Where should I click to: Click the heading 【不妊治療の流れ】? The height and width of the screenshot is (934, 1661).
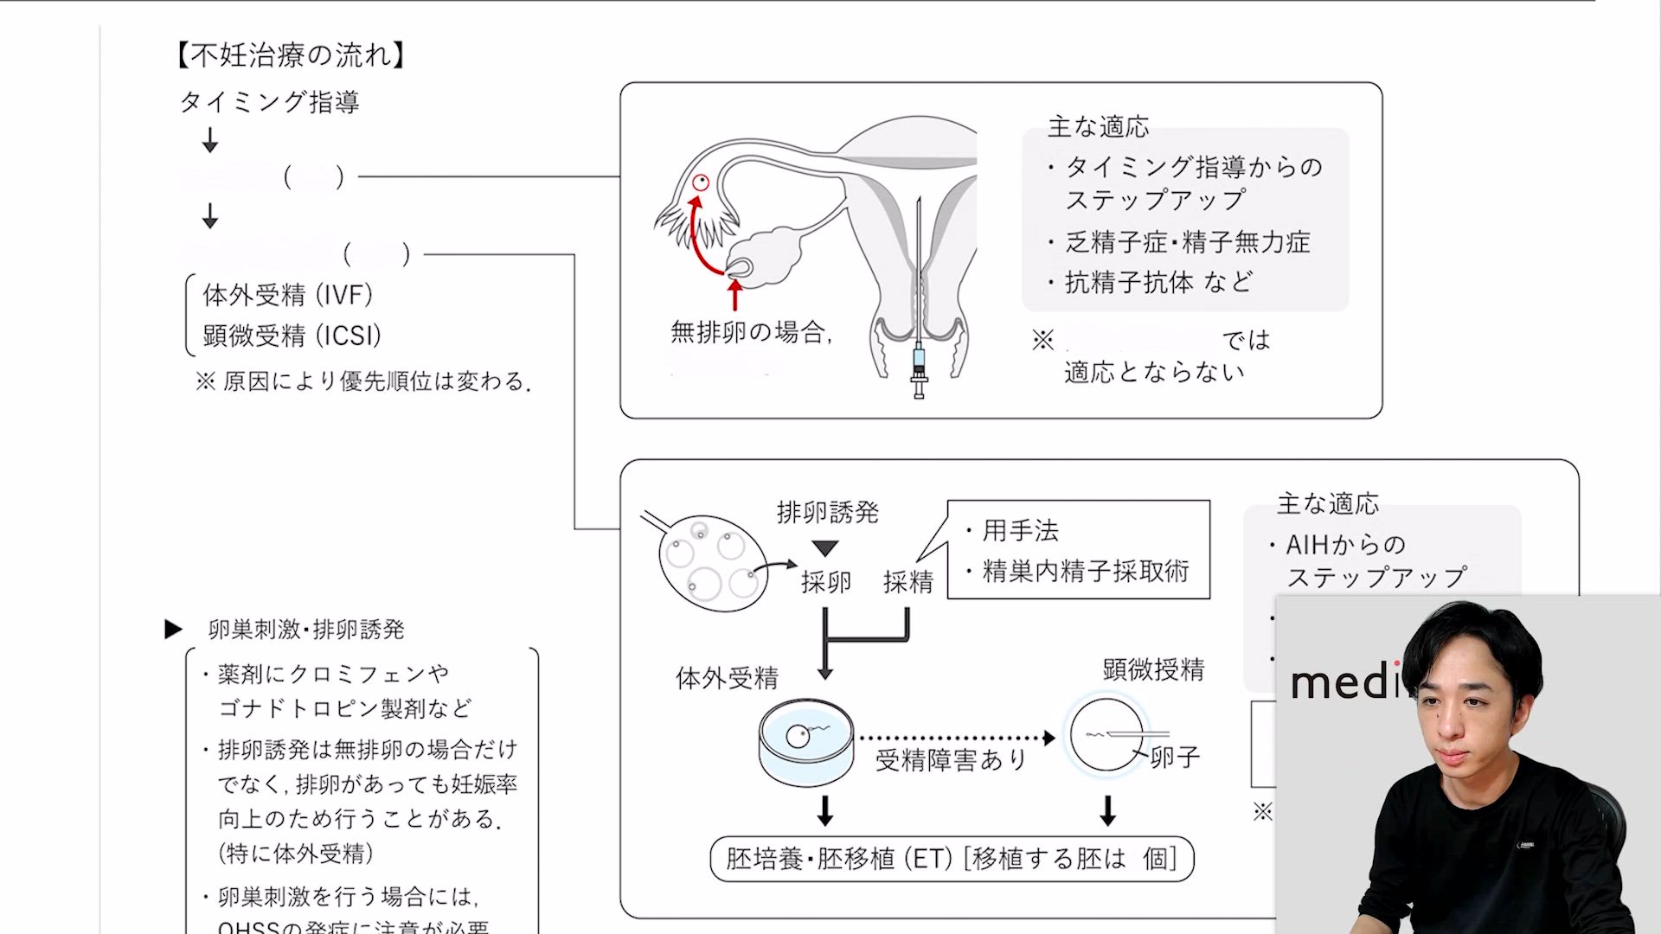(x=290, y=56)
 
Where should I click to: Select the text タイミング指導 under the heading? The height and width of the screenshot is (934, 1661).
(x=269, y=102)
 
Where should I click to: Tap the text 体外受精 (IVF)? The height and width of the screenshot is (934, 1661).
(x=287, y=295)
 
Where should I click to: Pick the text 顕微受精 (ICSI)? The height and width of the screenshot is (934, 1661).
(x=292, y=336)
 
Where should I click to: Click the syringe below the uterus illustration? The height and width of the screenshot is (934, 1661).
(x=919, y=368)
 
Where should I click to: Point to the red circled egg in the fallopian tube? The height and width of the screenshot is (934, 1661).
(x=701, y=182)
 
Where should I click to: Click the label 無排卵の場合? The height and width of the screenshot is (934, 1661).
(x=750, y=332)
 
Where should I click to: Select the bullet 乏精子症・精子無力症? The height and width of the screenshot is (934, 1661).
(x=1187, y=242)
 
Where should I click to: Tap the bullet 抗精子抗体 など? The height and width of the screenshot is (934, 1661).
(x=1158, y=282)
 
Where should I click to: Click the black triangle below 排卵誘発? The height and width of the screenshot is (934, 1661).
(x=825, y=548)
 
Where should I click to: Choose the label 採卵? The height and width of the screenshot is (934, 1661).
(x=825, y=582)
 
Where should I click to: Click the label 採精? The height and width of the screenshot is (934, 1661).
(x=907, y=582)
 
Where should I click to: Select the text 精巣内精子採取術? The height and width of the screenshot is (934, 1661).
(x=1086, y=571)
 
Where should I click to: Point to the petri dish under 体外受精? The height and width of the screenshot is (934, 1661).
(x=805, y=741)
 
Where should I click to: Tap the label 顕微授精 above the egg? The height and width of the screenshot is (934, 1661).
(x=1153, y=669)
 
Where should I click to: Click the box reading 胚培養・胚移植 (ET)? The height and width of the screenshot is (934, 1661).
(x=952, y=859)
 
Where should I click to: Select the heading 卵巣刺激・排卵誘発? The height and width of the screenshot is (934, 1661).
(x=306, y=630)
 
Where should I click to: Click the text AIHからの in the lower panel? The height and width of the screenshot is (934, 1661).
(x=1345, y=545)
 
